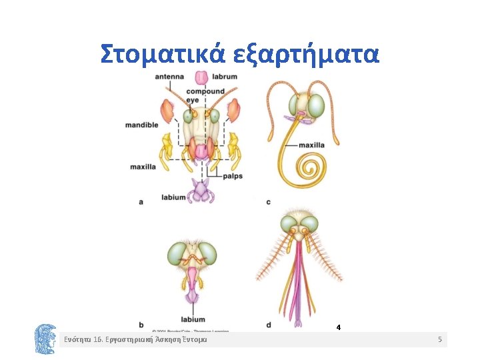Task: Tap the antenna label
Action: (169, 77)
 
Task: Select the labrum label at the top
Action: (225, 77)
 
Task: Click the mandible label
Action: (141, 125)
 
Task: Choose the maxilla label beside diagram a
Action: (143, 166)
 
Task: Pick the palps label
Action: (232, 177)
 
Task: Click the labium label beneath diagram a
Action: (173, 197)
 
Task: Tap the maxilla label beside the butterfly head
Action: (311, 144)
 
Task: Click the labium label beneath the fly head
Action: (193, 319)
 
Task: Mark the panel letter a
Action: (141, 201)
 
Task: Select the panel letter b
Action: (141, 325)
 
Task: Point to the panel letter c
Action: (268, 201)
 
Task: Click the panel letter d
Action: (268, 325)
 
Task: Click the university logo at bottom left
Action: (45, 338)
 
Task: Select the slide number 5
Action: (440, 340)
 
